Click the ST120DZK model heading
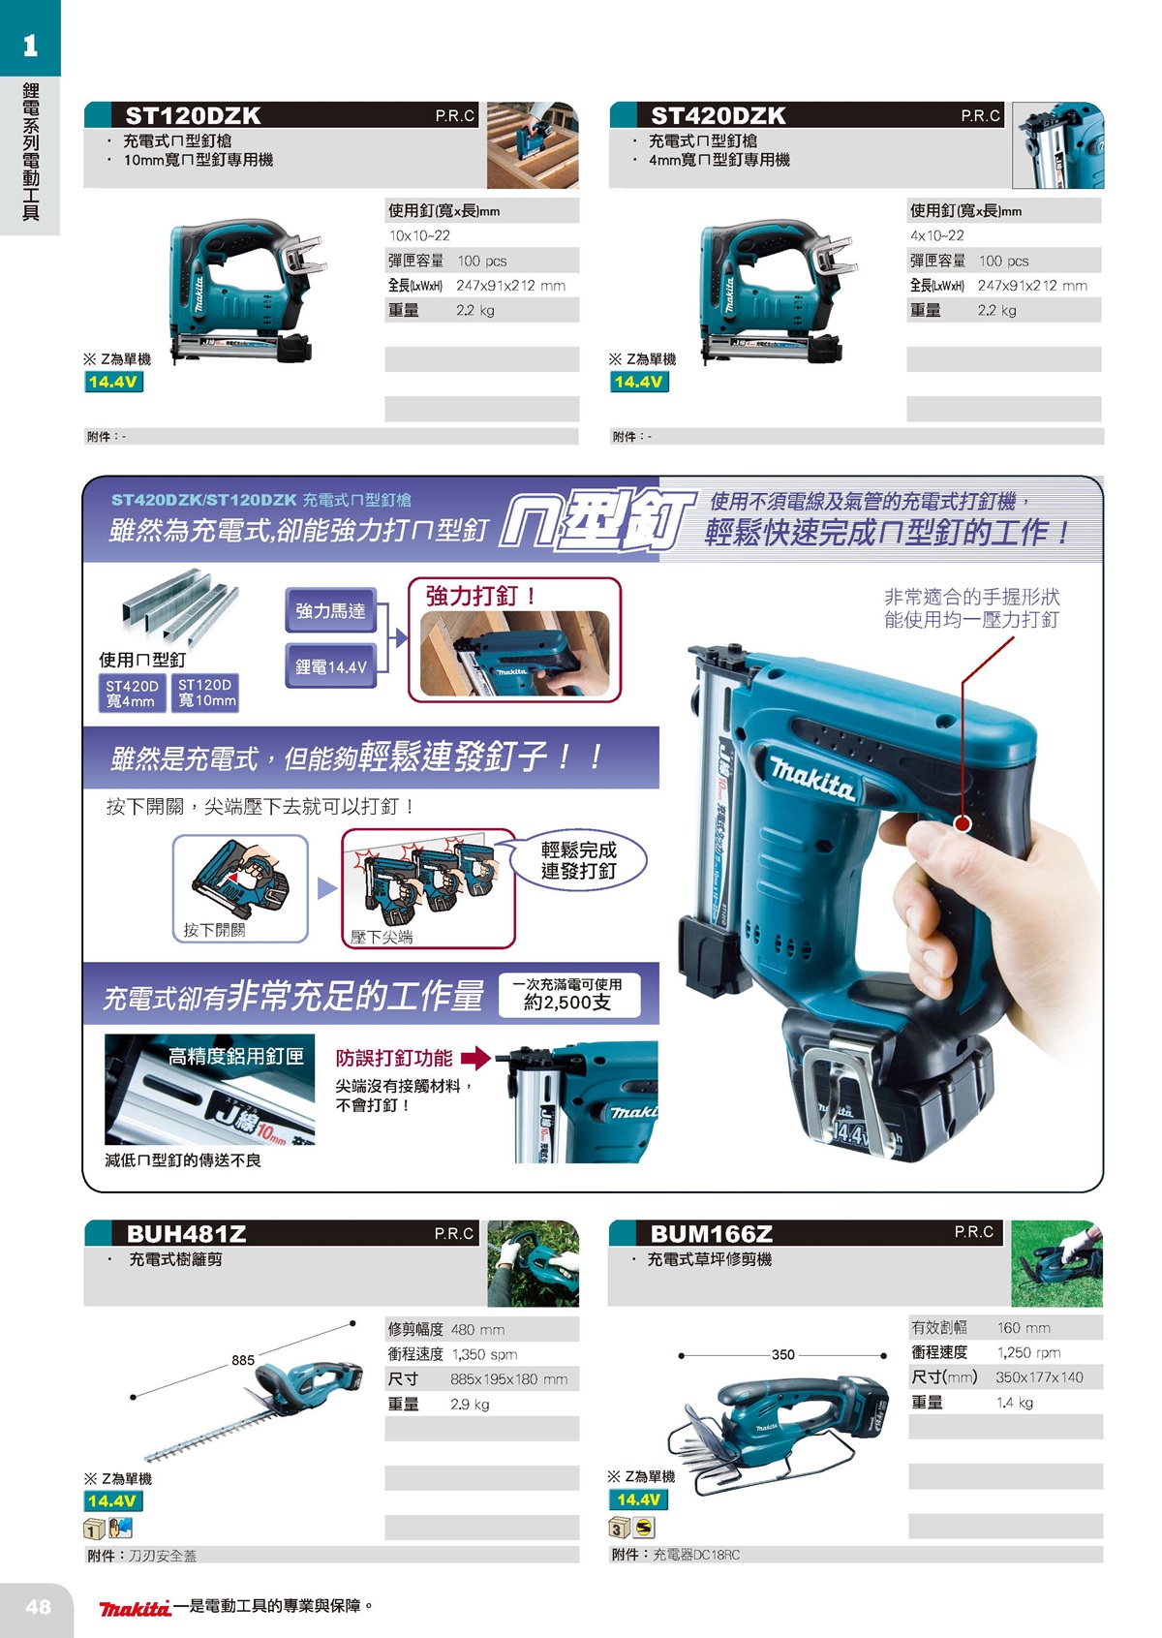click(x=193, y=116)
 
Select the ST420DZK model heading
click(x=718, y=116)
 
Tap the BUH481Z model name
click(x=186, y=1234)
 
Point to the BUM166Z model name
click(x=712, y=1234)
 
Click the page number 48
click(x=38, y=1606)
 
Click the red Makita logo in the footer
click(x=136, y=1608)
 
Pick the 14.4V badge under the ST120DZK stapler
click(x=112, y=382)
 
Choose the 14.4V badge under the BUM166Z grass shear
click(x=638, y=1499)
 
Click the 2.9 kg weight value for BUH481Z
click(x=470, y=1404)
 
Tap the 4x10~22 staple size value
click(x=936, y=235)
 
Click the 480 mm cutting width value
click(x=477, y=1329)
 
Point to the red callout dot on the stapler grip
click(x=963, y=823)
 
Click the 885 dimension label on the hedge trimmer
click(x=243, y=1360)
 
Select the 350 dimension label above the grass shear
click(x=783, y=1354)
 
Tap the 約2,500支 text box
click(x=569, y=996)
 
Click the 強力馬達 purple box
click(x=330, y=611)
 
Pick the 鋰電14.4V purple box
click(x=330, y=666)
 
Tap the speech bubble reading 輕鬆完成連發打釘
click(x=578, y=860)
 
